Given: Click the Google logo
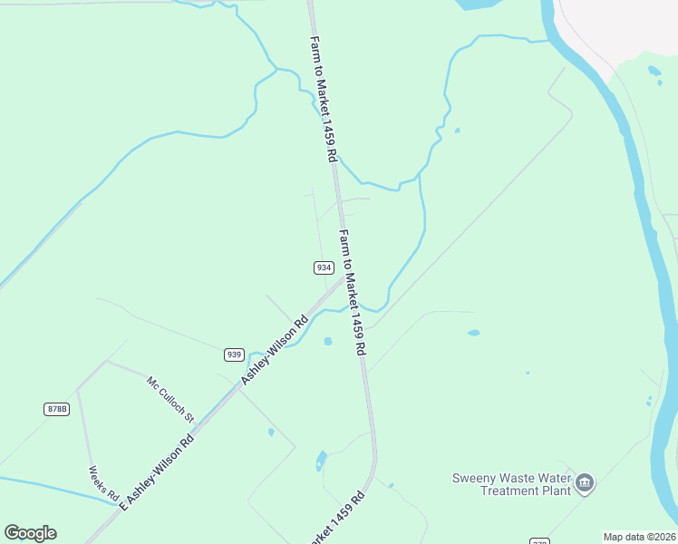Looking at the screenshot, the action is [x=30, y=532].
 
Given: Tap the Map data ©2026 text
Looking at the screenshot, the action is [x=639, y=537].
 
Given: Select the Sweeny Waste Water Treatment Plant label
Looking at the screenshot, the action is [x=513, y=484].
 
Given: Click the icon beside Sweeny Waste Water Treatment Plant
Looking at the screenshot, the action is [x=585, y=482].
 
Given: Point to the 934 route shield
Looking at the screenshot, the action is [x=324, y=267].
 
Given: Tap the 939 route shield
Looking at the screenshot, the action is [x=234, y=354].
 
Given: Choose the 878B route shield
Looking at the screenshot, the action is [x=56, y=409].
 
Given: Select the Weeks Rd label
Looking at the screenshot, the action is [x=103, y=484].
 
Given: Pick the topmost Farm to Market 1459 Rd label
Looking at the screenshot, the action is [x=324, y=100].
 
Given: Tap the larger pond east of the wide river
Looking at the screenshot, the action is [x=654, y=71].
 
